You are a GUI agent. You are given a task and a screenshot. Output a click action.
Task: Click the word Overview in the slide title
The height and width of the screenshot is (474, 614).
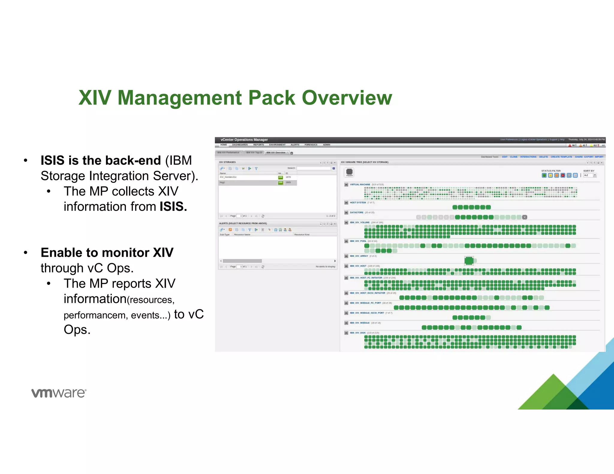point(347,98)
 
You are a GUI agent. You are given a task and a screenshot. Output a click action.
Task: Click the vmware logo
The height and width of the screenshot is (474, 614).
point(59,393)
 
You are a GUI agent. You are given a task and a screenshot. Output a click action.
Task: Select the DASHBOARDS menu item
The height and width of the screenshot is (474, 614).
point(240,145)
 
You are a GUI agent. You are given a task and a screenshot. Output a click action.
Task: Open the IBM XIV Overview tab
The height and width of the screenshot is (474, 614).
point(276,153)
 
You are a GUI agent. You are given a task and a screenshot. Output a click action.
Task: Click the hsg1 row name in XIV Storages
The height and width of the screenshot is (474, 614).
point(222,182)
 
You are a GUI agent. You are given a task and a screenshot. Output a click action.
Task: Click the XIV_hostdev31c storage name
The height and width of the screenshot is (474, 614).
point(228,177)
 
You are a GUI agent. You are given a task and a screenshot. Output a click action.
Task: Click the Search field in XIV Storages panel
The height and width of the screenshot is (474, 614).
point(313,168)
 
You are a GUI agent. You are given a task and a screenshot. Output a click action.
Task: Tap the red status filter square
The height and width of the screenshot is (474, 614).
point(563,175)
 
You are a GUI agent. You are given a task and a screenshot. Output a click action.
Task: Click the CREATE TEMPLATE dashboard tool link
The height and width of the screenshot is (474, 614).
point(561,157)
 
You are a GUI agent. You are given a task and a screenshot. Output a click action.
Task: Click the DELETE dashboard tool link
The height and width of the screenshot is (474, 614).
point(543,157)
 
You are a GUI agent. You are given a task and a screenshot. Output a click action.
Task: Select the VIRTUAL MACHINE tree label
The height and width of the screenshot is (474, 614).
point(360,185)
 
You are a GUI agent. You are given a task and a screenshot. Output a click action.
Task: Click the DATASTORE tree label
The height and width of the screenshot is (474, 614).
point(356,212)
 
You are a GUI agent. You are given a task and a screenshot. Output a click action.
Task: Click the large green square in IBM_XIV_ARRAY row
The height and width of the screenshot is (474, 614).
point(469,261)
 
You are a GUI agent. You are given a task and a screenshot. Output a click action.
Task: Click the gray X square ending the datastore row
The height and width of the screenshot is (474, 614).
point(525,217)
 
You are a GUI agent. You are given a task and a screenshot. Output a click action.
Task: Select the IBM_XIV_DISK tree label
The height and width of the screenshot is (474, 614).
point(358,333)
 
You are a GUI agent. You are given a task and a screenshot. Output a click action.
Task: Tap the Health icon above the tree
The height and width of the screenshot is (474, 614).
point(349,172)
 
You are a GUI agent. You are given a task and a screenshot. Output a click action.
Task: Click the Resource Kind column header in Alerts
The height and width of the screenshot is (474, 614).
point(302,235)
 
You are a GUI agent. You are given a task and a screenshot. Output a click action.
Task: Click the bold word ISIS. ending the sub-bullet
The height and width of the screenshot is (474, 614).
point(173,207)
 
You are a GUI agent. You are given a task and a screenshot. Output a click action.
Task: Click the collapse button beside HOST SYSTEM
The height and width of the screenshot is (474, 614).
point(346,203)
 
